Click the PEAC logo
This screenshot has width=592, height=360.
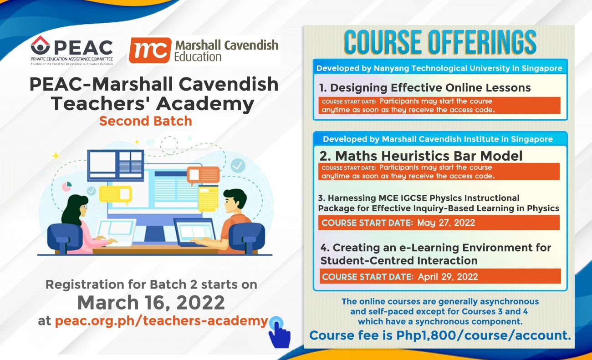tap(72, 50)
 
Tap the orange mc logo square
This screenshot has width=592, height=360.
tap(150, 50)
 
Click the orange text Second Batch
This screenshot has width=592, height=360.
tap(146, 121)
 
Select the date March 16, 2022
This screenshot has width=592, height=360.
tap(151, 302)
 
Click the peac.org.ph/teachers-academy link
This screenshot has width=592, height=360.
tap(162, 321)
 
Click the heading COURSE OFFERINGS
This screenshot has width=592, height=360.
tap(440, 42)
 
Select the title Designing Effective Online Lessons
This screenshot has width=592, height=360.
tap(425, 88)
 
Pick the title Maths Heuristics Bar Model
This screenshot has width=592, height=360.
tap(421, 156)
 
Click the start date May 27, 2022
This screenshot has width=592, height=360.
tap(446, 223)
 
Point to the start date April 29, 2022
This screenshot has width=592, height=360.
tap(448, 277)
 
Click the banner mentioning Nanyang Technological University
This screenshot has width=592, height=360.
tap(439, 68)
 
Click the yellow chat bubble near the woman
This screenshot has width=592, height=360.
tap(115, 195)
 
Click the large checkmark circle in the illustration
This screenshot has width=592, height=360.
tap(238, 165)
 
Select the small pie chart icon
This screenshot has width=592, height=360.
tap(67, 186)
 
